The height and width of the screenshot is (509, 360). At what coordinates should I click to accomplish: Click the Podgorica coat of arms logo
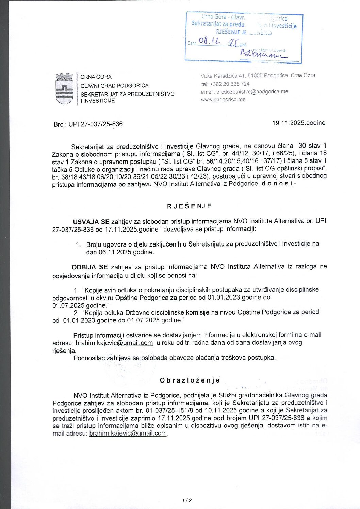[64, 89]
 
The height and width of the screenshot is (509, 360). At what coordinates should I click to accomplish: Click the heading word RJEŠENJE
[189, 206]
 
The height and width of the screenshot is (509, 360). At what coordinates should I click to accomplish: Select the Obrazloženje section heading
[190, 380]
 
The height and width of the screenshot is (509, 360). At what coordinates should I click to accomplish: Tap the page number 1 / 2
[187, 500]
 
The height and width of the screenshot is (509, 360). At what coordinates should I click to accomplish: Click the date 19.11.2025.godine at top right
[298, 123]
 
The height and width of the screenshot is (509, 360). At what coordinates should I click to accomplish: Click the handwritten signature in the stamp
[263, 54]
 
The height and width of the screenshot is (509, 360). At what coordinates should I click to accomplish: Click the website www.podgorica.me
[223, 99]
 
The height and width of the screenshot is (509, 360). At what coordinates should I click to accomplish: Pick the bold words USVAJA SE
[91, 221]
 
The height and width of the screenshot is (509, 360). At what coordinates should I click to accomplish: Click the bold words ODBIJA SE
[89, 267]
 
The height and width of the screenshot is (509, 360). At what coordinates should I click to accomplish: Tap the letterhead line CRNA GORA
[96, 77]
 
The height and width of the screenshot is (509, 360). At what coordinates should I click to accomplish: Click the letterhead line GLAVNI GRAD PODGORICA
[114, 85]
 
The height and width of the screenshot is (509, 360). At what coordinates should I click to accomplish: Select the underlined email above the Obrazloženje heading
[114, 343]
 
